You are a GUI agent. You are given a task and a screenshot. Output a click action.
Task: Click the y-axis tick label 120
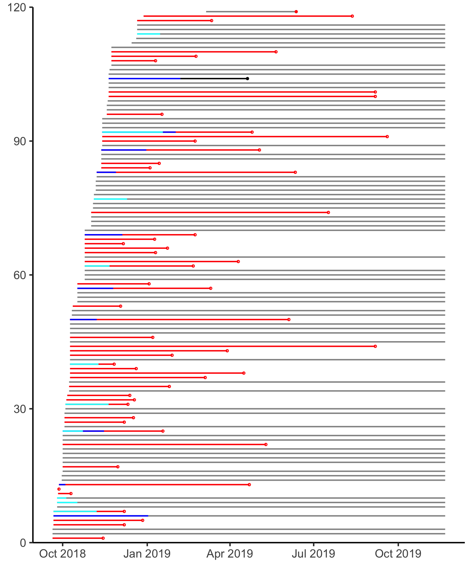[17, 8]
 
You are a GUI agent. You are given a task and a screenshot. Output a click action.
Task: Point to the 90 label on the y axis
[20, 141]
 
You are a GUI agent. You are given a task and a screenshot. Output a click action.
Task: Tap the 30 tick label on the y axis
[20, 409]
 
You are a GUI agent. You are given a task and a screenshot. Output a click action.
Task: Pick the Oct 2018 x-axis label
[62, 554]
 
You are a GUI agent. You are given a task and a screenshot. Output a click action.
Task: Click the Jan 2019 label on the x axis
[147, 554]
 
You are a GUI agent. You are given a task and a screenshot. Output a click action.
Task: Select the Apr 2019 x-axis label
[230, 554]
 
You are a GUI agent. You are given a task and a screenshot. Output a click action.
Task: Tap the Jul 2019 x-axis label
[314, 554]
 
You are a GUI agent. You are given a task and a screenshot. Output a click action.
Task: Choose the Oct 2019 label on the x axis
[398, 554]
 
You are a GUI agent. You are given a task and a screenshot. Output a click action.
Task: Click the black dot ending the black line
[247, 78]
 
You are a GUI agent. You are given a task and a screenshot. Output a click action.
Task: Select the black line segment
[214, 78]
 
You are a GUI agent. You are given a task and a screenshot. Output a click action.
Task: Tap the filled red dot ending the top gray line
[296, 12]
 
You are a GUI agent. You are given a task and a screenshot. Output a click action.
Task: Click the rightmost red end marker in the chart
[387, 137]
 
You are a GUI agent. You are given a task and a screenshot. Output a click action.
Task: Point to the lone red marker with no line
[59, 489]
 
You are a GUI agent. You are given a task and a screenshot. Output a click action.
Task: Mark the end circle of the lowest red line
[103, 538]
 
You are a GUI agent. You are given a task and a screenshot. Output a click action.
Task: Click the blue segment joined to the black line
[145, 78]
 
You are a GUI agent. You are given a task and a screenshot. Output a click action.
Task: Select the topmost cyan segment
[149, 34]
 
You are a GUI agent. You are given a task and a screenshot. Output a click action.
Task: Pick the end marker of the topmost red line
[352, 16]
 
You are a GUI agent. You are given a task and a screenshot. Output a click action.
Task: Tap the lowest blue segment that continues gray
[101, 516]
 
